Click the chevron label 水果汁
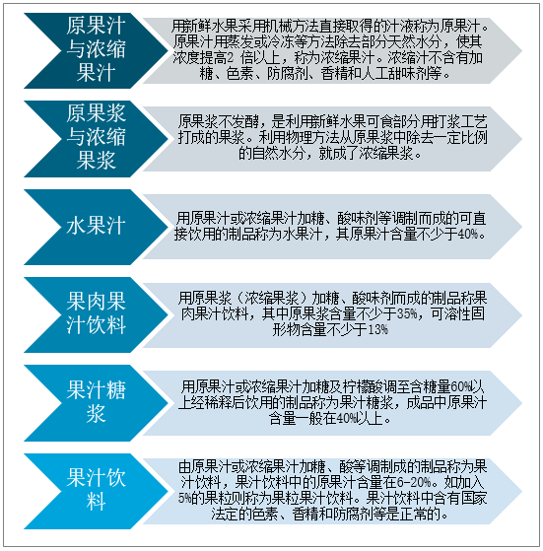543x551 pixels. pos(96,226)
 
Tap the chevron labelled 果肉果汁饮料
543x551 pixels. pos(96,313)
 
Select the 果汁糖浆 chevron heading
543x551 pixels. pos(96,401)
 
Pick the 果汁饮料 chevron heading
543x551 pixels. pos(96,489)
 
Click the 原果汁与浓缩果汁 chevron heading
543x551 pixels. pos(96,49)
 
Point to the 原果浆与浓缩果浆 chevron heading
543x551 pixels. pos(96,137)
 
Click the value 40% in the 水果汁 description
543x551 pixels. pos(468,234)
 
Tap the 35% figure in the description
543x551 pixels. pos(407,313)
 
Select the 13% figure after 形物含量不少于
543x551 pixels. pos(377,329)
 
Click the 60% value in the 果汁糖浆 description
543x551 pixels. pos(460,387)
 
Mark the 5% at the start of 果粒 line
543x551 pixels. pos(184,498)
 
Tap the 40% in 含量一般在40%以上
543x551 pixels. pos(346,419)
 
